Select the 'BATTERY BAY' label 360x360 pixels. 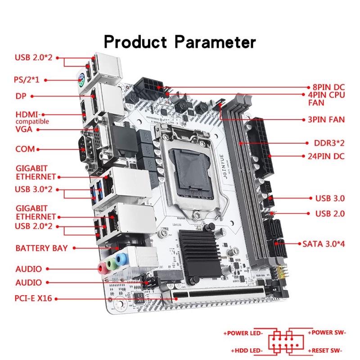click(x=41, y=248)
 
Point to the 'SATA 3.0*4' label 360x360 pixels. click(x=323, y=243)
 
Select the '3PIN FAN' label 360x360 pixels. click(x=323, y=120)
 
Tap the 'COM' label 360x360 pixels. click(x=25, y=149)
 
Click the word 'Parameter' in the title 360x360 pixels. click(x=216, y=42)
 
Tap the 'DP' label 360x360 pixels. click(x=21, y=96)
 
